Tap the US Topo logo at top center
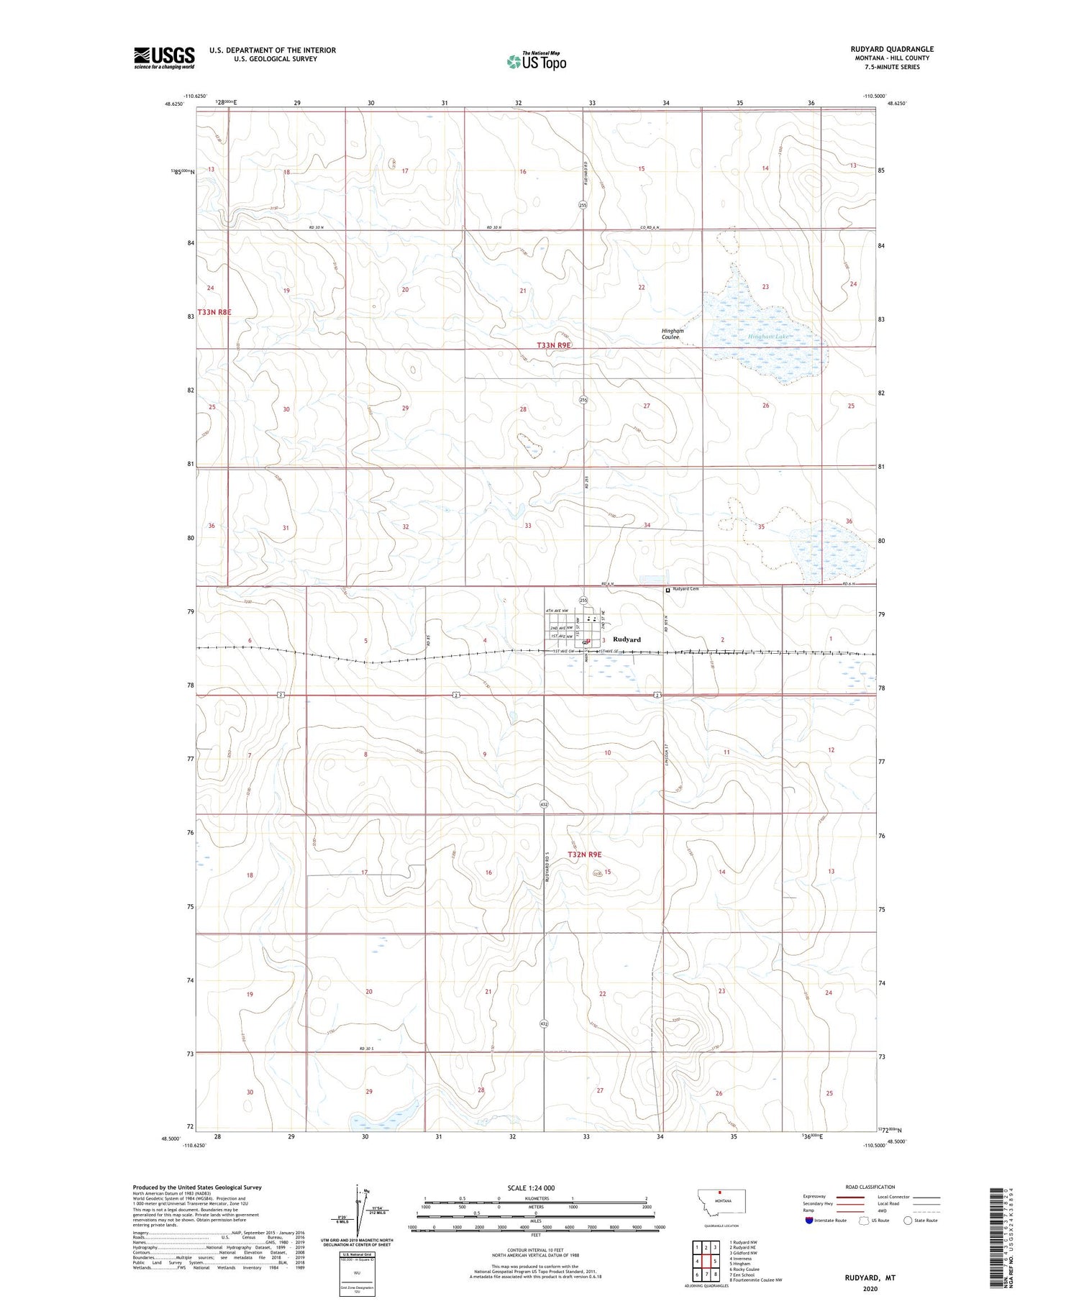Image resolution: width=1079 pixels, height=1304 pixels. click(x=536, y=62)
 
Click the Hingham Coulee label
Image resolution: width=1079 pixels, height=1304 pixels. click(x=672, y=334)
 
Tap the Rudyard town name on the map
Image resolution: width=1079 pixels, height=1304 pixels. click(x=627, y=639)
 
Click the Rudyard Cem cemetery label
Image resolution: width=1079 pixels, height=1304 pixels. click(x=685, y=589)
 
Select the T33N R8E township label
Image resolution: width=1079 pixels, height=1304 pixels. click(x=215, y=312)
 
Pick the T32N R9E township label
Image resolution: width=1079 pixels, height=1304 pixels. click(x=584, y=854)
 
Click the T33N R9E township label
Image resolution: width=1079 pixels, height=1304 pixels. click(x=555, y=345)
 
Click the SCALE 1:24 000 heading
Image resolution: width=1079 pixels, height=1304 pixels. click(x=532, y=1187)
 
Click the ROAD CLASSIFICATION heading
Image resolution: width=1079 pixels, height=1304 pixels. click(x=870, y=1187)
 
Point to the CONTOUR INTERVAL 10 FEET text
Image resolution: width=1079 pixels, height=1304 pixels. click(x=535, y=1251)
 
